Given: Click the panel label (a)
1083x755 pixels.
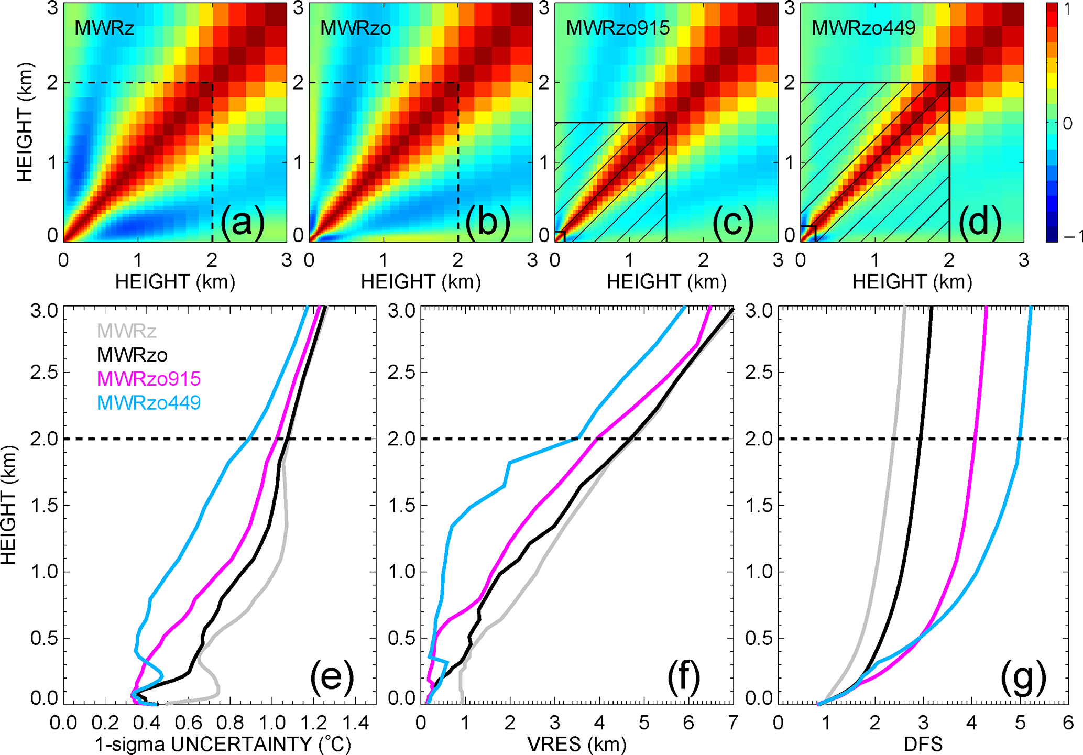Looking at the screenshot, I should coord(242,221).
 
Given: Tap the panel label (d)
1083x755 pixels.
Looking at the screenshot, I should coord(980,221).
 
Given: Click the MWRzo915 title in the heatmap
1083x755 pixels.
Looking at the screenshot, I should coord(618,28).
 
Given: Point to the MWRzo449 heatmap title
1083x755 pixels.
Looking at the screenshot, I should coord(863,28).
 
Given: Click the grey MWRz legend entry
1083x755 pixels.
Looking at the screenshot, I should coord(126,331).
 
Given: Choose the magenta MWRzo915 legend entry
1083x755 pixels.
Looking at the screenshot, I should coord(149,378).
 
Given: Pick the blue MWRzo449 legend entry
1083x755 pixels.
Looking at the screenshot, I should coord(149,402).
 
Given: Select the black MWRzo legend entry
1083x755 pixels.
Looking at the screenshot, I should coord(132,355).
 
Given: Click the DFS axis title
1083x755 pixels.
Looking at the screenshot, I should coord(923,744).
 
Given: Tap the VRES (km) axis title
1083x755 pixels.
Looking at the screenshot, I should coord(576,744).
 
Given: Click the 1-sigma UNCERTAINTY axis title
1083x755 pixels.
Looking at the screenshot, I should coord(223,744).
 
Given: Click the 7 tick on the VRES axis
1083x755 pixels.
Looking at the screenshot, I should coord(732,724).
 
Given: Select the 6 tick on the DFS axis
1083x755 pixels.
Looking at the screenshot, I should coord(1068,724).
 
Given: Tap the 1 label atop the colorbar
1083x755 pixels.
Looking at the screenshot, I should coord(1068,9).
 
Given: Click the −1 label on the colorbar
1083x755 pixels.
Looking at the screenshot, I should coord(1072,237).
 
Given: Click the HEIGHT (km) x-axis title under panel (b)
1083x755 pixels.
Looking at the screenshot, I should coord(421,282).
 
